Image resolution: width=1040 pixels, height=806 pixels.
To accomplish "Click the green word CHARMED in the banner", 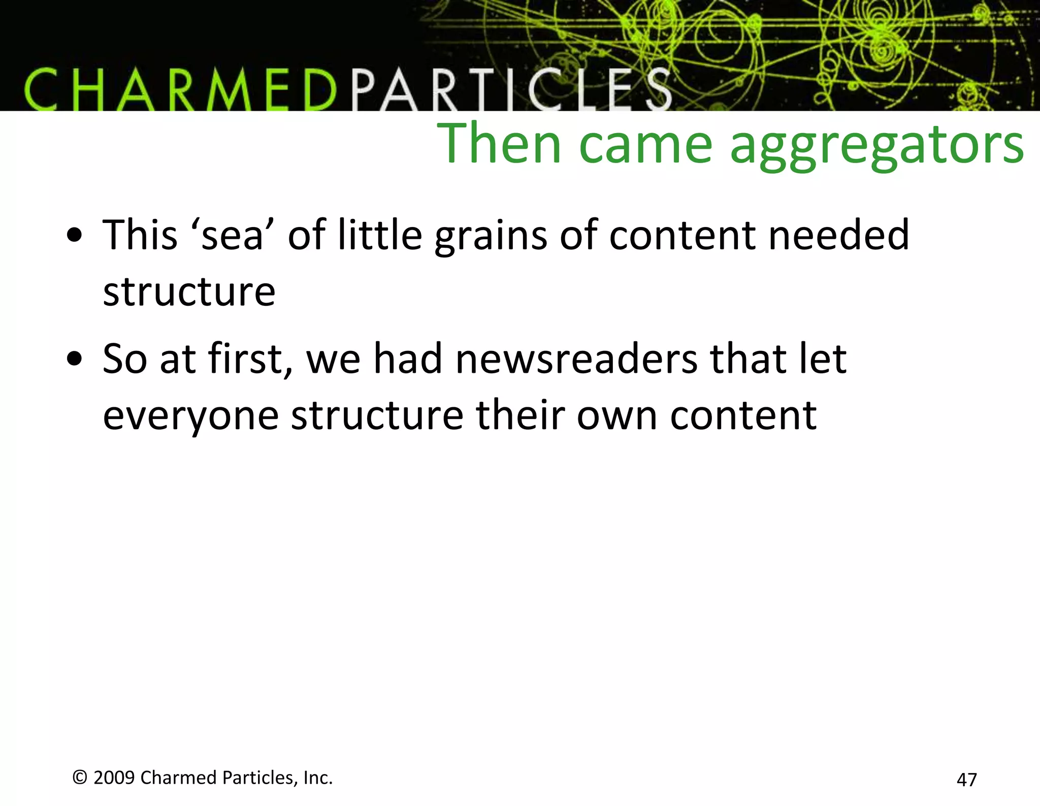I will tap(180, 91).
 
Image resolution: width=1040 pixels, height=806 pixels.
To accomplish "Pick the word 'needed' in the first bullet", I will tap(838, 235).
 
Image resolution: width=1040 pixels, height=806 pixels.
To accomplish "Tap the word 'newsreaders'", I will tap(576, 359).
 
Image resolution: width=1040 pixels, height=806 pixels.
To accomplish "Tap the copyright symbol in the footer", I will tap(80, 778).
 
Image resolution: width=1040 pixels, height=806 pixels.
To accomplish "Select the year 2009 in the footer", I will tap(114, 778).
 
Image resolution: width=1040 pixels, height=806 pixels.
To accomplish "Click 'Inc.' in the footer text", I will tap(318, 778).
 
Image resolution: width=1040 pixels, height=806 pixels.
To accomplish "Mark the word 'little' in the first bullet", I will tap(380, 235).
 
